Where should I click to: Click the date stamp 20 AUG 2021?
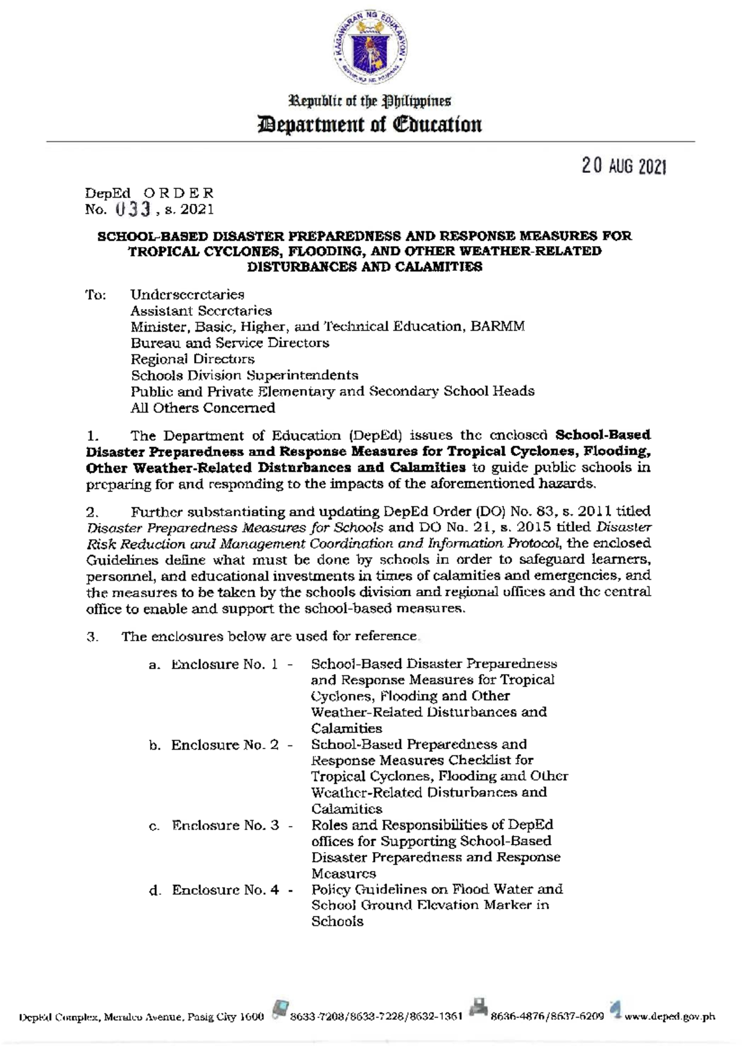point(624,166)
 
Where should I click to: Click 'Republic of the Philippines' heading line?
point(371,100)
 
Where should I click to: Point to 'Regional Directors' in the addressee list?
point(192,359)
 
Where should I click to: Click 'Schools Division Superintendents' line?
point(244,375)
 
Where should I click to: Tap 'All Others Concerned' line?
point(203,408)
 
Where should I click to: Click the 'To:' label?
point(95,294)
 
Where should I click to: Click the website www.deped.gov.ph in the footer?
point(670,1016)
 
